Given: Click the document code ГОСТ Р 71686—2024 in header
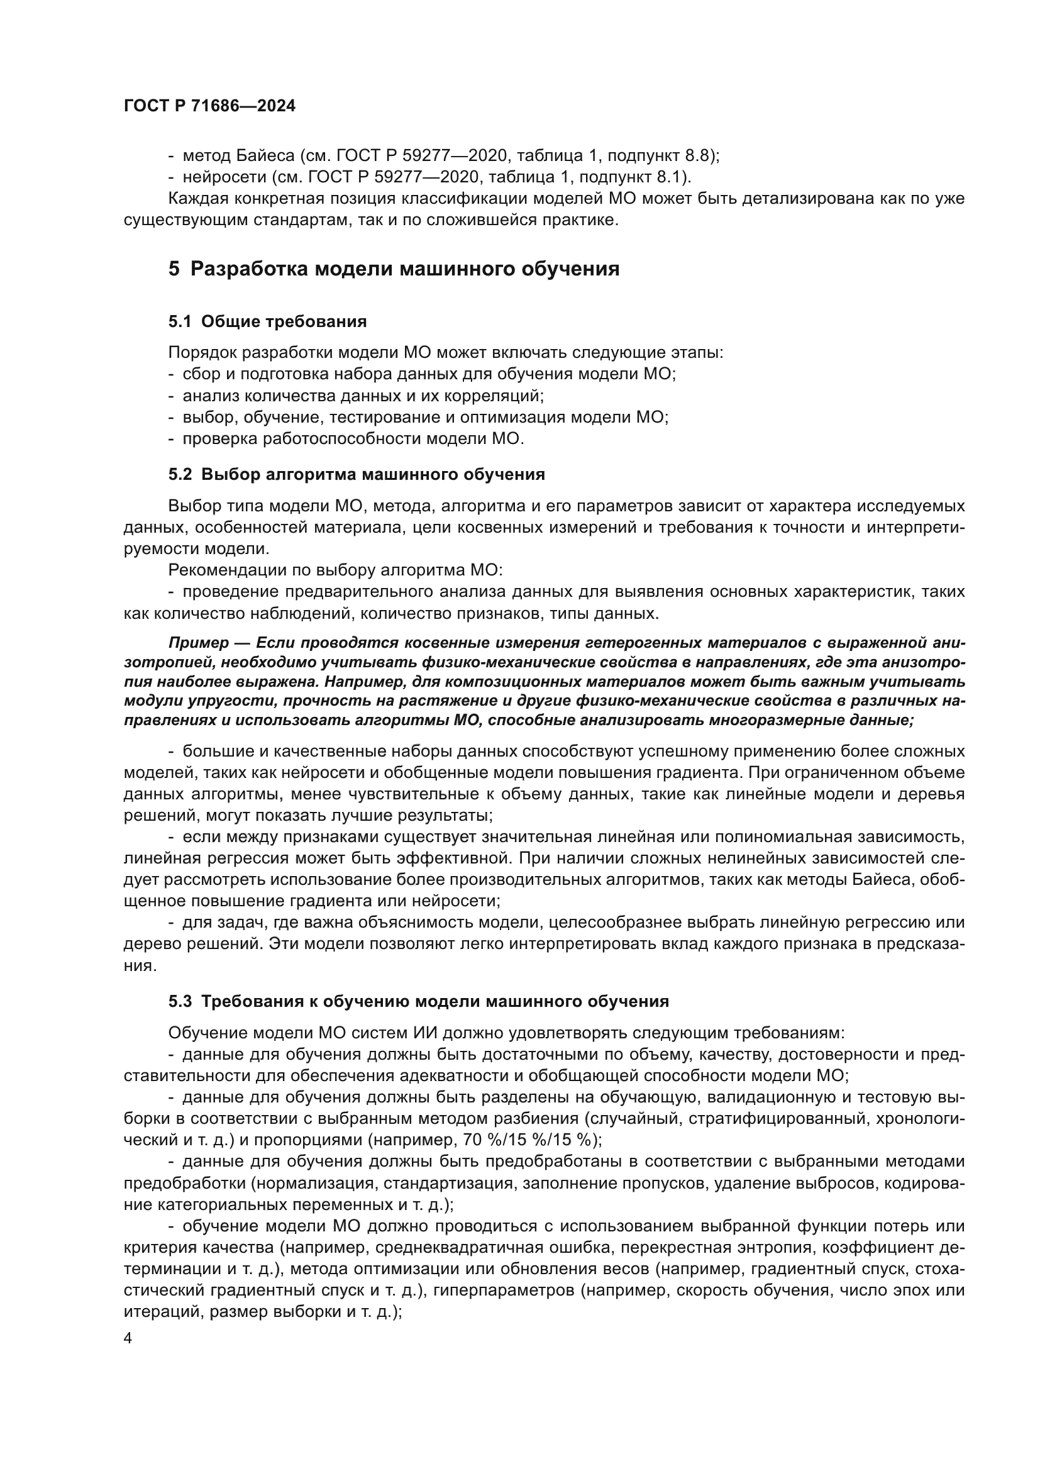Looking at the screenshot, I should point(209,106).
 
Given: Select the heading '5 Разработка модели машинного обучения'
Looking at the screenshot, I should point(394,269).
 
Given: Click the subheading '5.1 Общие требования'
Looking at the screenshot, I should point(268,321).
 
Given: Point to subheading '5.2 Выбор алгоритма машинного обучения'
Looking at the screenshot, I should point(357,475).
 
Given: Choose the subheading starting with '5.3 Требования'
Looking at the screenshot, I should point(419,1001).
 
